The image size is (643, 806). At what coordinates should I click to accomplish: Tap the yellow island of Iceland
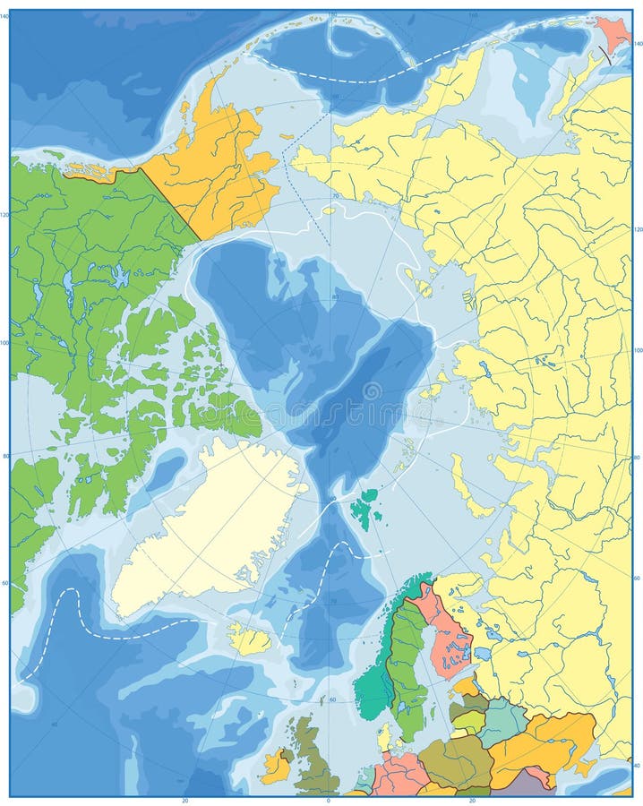click(250, 639)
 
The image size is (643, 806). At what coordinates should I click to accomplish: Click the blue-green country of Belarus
click(502, 721)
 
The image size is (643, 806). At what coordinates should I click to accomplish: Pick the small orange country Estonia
click(466, 686)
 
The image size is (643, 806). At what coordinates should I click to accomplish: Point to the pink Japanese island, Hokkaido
click(614, 33)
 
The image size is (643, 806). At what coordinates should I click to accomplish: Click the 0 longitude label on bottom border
click(329, 799)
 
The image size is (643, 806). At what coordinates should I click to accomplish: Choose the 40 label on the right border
click(637, 767)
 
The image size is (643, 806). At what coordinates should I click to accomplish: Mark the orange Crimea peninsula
click(587, 766)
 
